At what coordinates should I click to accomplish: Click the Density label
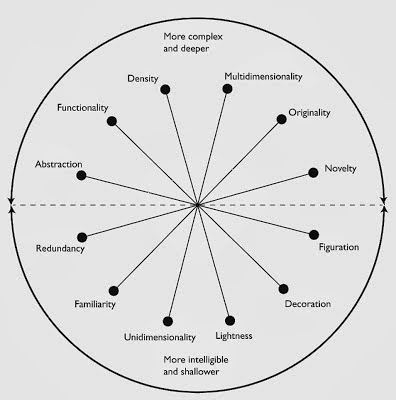click(146, 78)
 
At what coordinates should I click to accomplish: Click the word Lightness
click(247, 320)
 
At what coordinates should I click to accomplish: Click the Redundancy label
click(59, 249)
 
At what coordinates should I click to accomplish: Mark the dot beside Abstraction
click(81, 176)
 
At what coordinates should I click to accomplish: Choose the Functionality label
click(83, 107)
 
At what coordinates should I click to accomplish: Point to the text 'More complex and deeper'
click(195, 43)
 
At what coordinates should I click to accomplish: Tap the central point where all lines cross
click(198, 205)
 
